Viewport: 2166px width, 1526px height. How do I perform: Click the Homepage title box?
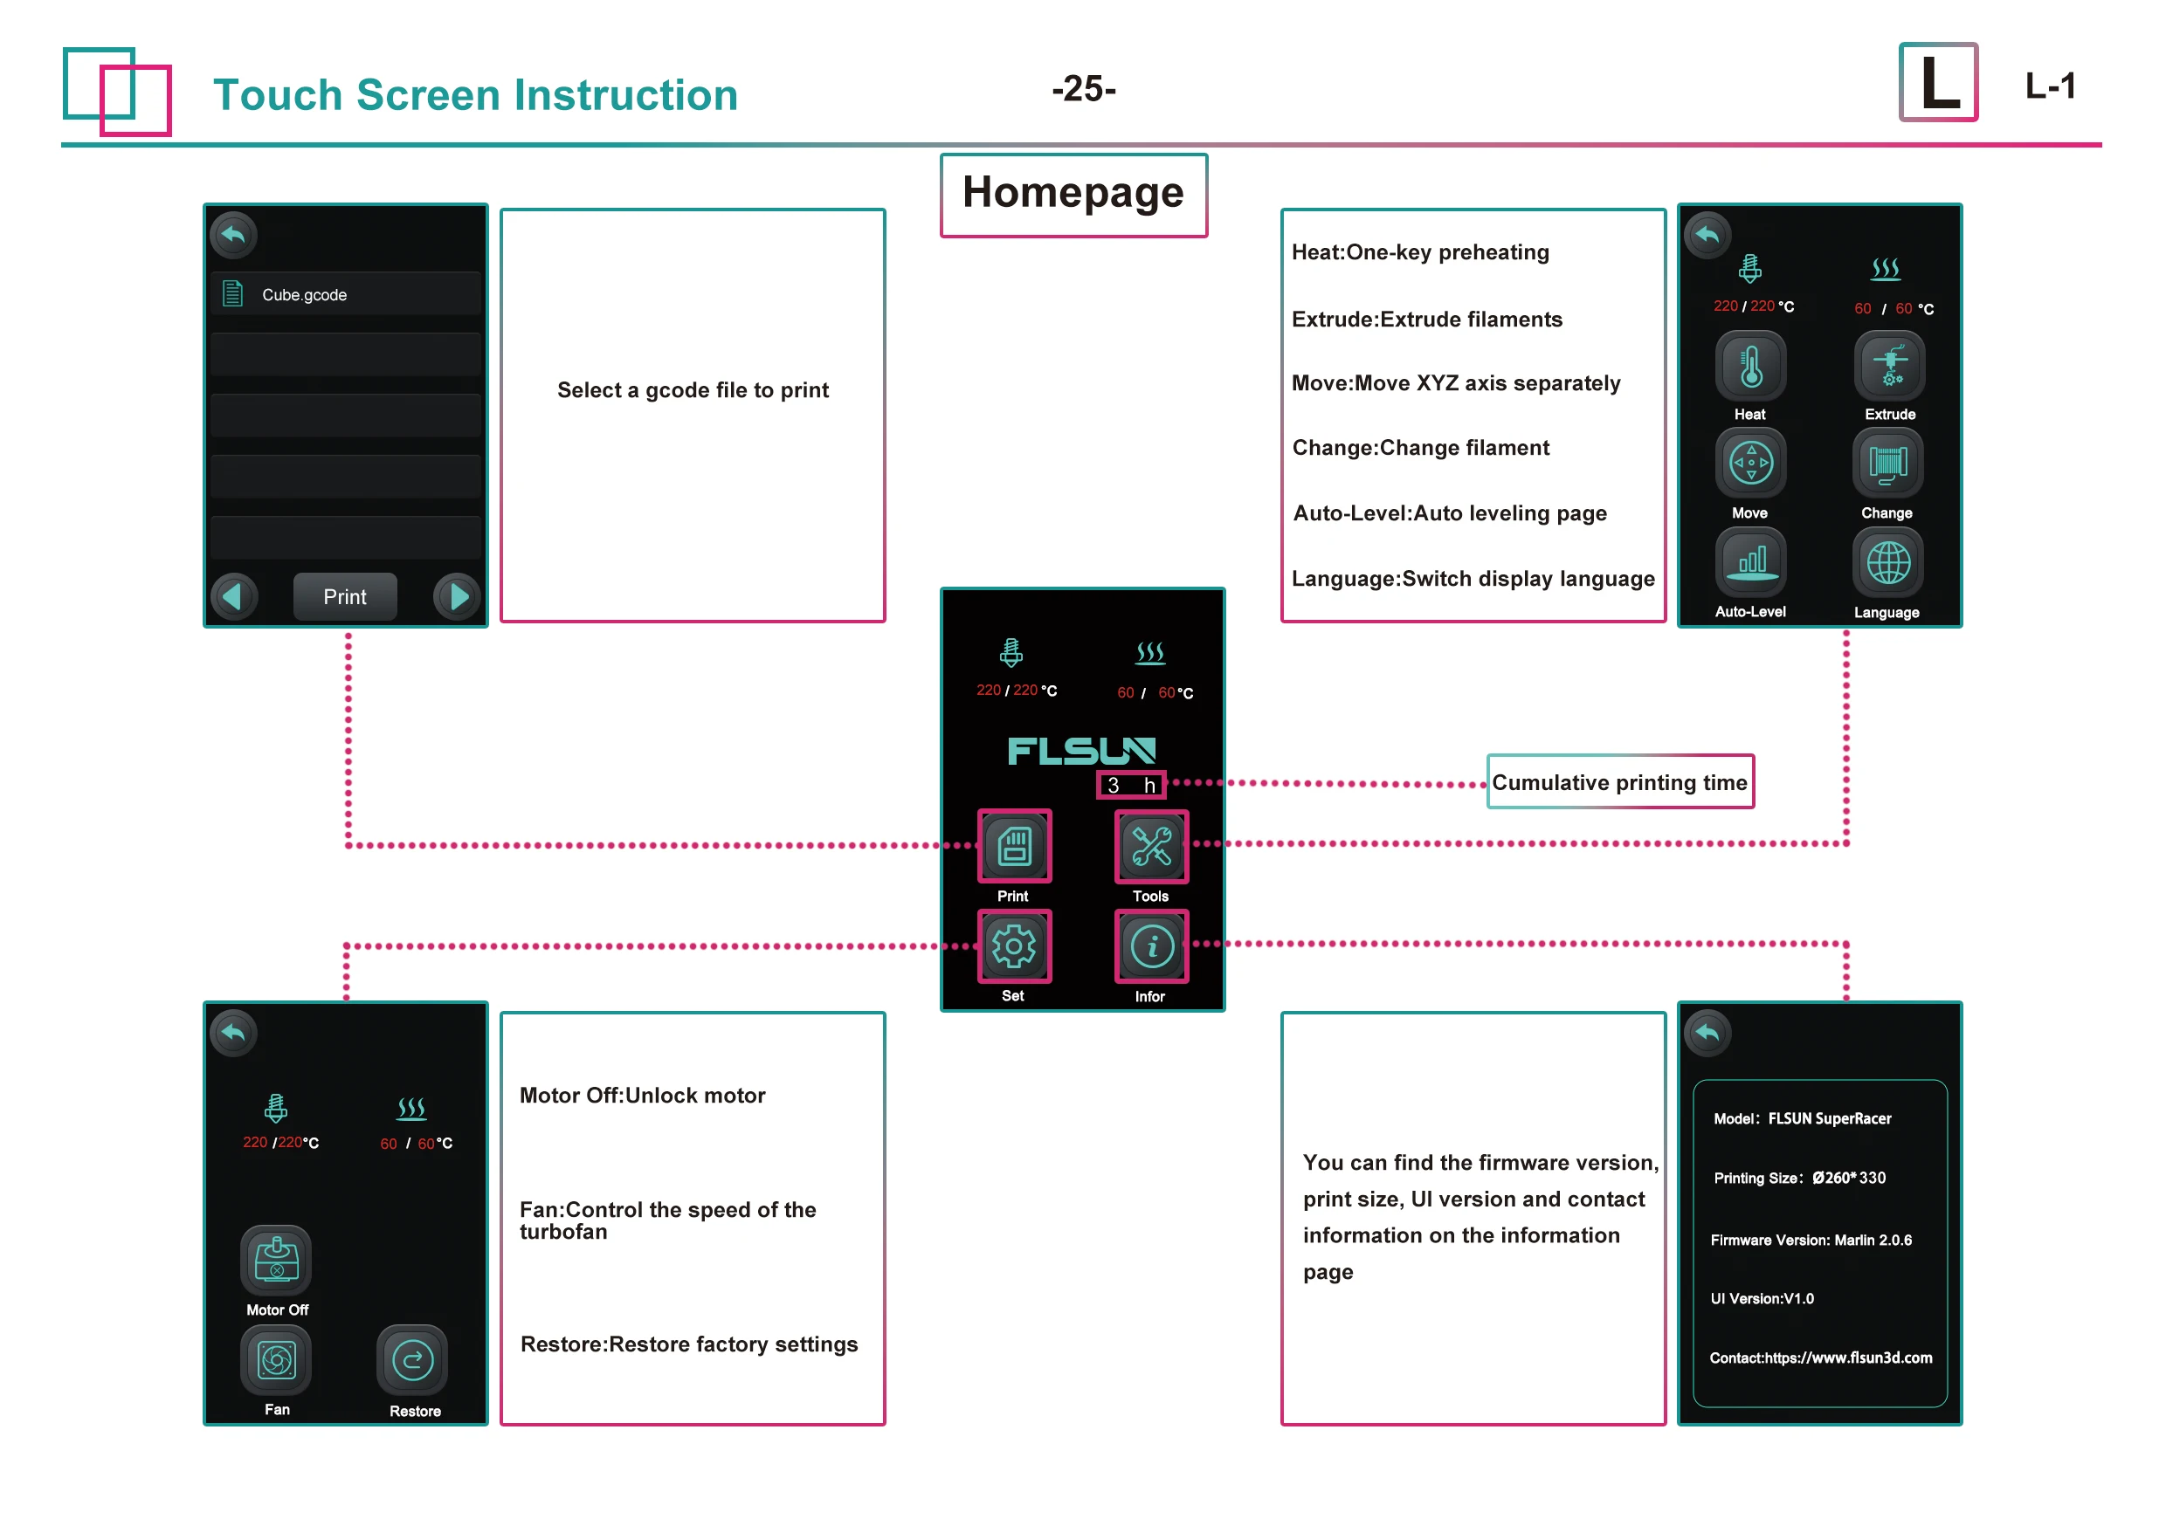click(x=1073, y=195)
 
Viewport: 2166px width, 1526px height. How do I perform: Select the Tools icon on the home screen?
click(x=1151, y=846)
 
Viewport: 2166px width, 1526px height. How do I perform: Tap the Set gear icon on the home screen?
click(x=1013, y=946)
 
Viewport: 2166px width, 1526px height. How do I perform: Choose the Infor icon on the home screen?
click(x=1151, y=946)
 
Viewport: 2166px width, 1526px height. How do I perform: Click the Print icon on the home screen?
click(x=1014, y=846)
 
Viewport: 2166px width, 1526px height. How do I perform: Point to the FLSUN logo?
click(x=1081, y=751)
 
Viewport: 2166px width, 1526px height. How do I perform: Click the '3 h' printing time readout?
click(x=1130, y=785)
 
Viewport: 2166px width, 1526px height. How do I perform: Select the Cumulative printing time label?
click(x=1619, y=782)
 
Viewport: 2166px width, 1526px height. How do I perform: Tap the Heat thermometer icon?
click(x=1750, y=366)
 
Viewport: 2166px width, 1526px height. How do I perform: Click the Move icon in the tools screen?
click(x=1750, y=463)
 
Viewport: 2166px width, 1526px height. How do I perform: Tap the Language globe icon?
click(x=1887, y=563)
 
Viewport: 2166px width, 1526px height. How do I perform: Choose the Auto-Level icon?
click(x=1750, y=563)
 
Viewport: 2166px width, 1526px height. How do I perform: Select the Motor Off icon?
click(x=276, y=1260)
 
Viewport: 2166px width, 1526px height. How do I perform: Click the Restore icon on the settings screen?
click(x=412, y=1360)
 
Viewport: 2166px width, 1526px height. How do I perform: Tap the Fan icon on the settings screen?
click(x=276, y=1360)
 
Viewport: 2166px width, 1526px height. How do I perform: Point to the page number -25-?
click(x=1083, y=89)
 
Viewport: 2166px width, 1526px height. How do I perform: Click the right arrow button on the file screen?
click(x=458, y=596)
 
